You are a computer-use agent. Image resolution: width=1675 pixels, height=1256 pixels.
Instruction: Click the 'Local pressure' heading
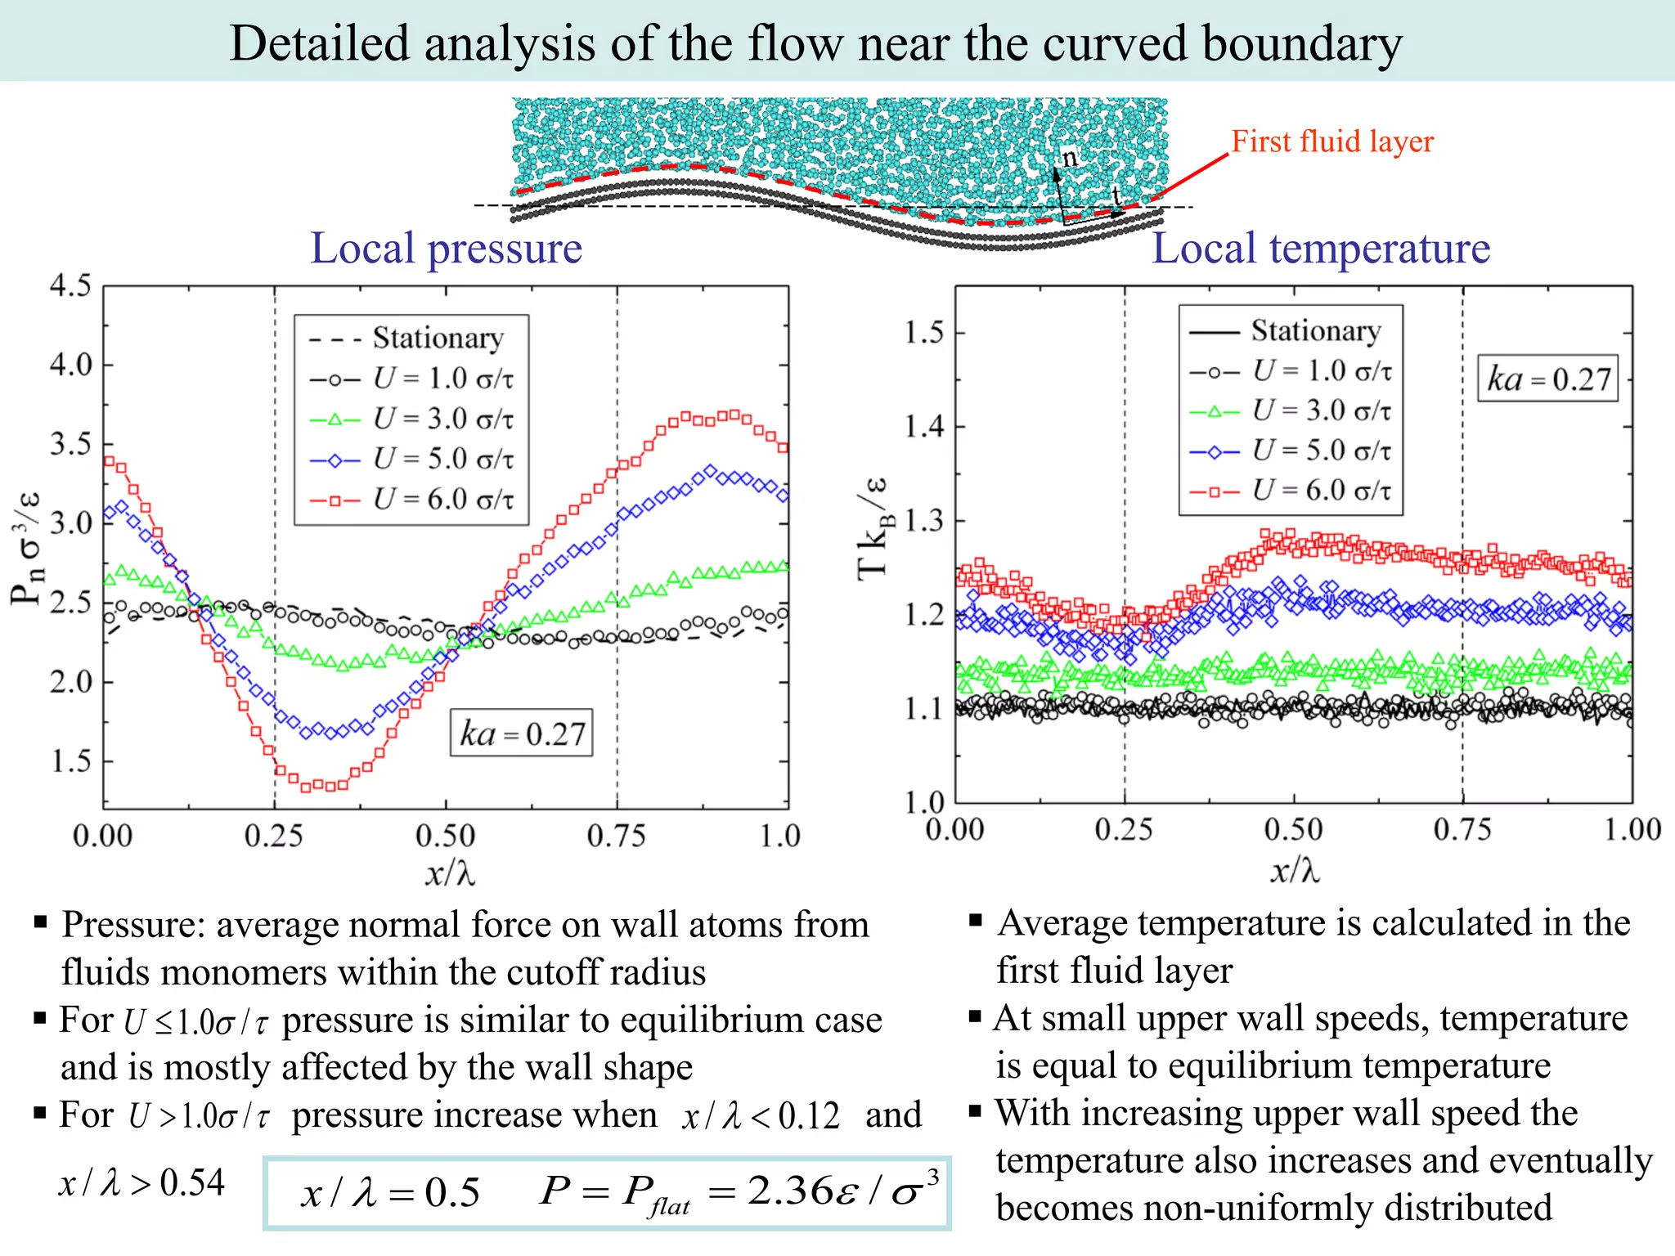(x=446, y=249)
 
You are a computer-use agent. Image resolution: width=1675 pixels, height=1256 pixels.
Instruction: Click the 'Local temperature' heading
(x=1321, y=249)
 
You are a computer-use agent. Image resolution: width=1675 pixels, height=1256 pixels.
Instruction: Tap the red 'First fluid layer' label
(x=1332, y=141)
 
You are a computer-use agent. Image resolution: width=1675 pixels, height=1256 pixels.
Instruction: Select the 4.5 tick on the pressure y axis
(x=70, y=286)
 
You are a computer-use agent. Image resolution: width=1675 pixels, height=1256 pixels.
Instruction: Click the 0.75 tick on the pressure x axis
(x=616, y=836)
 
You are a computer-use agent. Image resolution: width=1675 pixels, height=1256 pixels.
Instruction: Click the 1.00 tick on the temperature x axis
(x=1632, y=830)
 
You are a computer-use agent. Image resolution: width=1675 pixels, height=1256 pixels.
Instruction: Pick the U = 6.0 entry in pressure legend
(x=442, y=499)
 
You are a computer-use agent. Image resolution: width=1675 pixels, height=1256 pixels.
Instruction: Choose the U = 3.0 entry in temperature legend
(x=1321, y=410)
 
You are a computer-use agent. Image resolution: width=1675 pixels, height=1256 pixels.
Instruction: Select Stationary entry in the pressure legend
(x=438, y=338)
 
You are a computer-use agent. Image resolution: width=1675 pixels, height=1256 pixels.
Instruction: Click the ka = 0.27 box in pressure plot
(x=522, y=733)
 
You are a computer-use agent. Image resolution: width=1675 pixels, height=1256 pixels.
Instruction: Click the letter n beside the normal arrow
(x=1070, y=157)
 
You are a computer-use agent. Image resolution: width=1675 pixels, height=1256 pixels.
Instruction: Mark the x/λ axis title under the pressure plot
(x=450, y=873)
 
